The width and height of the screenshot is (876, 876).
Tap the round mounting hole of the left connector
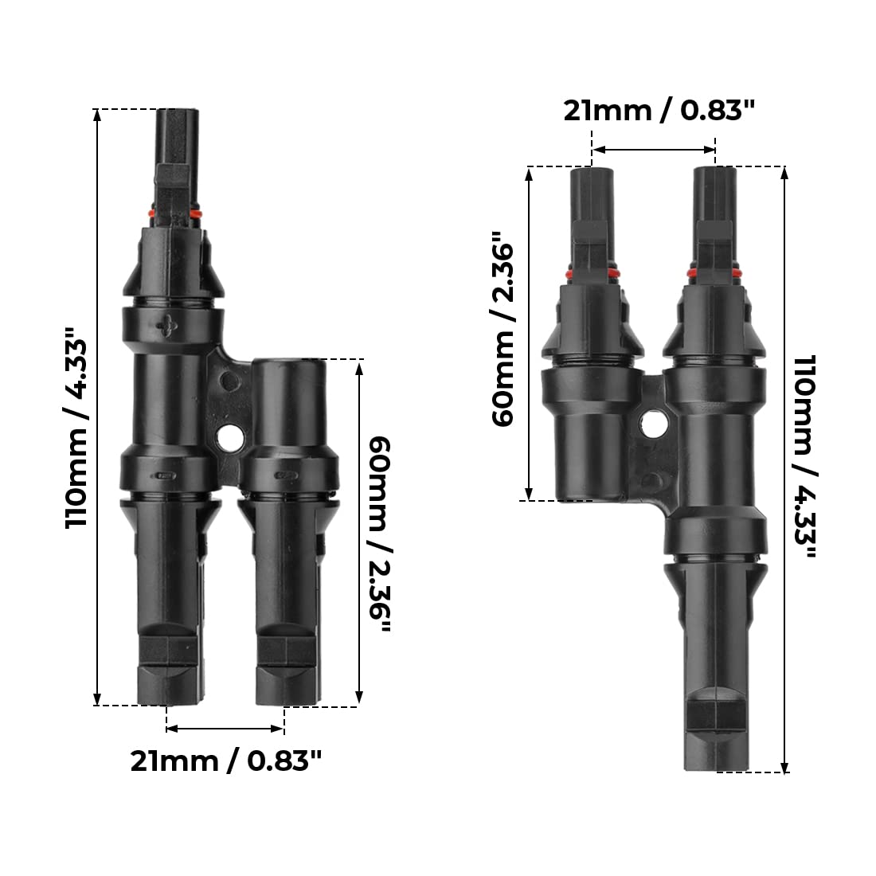click(232, 436)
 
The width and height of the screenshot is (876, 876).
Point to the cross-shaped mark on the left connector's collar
click(167, 326)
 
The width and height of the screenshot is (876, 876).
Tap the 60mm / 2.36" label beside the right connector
click(504, 329)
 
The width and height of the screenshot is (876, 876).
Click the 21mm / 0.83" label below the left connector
click(226, 761)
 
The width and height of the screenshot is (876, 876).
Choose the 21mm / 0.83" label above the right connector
click(659, 111)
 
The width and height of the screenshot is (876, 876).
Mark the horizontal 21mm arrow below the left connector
click(225, 728)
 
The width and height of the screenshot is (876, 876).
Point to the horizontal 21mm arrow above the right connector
click(654, 149)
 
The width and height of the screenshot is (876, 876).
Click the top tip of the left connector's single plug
click(177, 111)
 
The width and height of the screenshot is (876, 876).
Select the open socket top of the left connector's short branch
click(289, 364)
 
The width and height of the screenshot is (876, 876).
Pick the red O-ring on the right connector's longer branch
click(715, 276)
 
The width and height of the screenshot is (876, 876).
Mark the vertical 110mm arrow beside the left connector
click(98, 406)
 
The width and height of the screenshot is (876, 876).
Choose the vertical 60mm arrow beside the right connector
click(530, 333)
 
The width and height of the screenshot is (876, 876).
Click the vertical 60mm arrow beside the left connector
click(359, 531)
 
